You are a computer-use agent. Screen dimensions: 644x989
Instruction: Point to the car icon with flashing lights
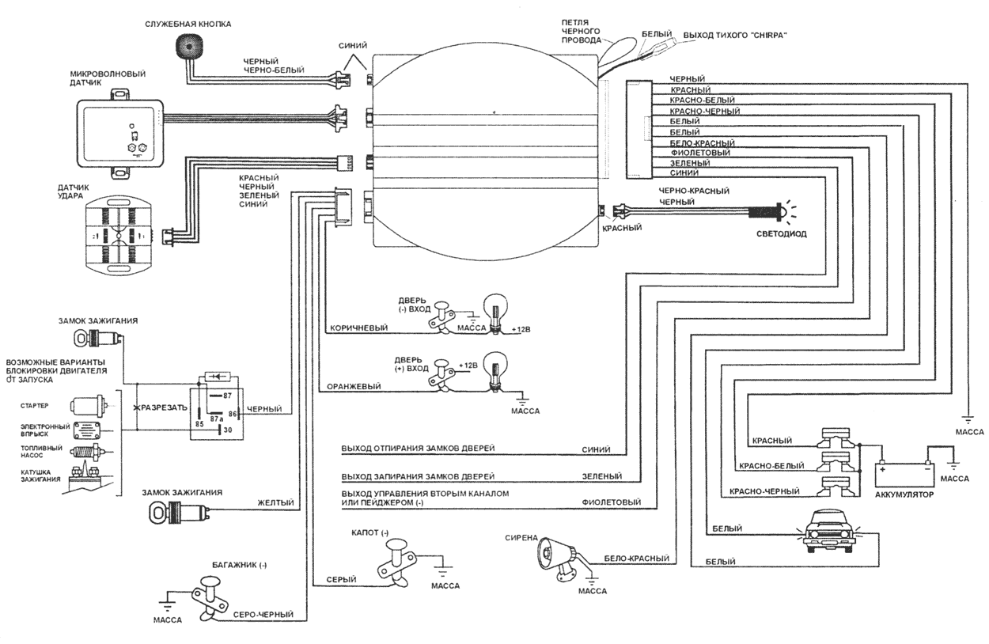[x=824, y=532]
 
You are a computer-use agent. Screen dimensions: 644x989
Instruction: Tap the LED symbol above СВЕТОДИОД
[x=776, y=212]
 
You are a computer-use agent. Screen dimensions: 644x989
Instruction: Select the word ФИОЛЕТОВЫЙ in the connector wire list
[x=700, y=153]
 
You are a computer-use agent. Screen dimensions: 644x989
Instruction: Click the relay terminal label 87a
[x=216, y=419]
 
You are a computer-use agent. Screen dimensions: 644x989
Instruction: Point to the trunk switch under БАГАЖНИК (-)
[x=211, y=598]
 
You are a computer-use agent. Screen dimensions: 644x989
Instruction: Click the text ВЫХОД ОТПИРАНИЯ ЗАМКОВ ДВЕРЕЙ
[x=419, y=449]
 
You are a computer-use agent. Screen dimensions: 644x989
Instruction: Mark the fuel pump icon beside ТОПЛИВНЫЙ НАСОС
[x=87, y=456]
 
